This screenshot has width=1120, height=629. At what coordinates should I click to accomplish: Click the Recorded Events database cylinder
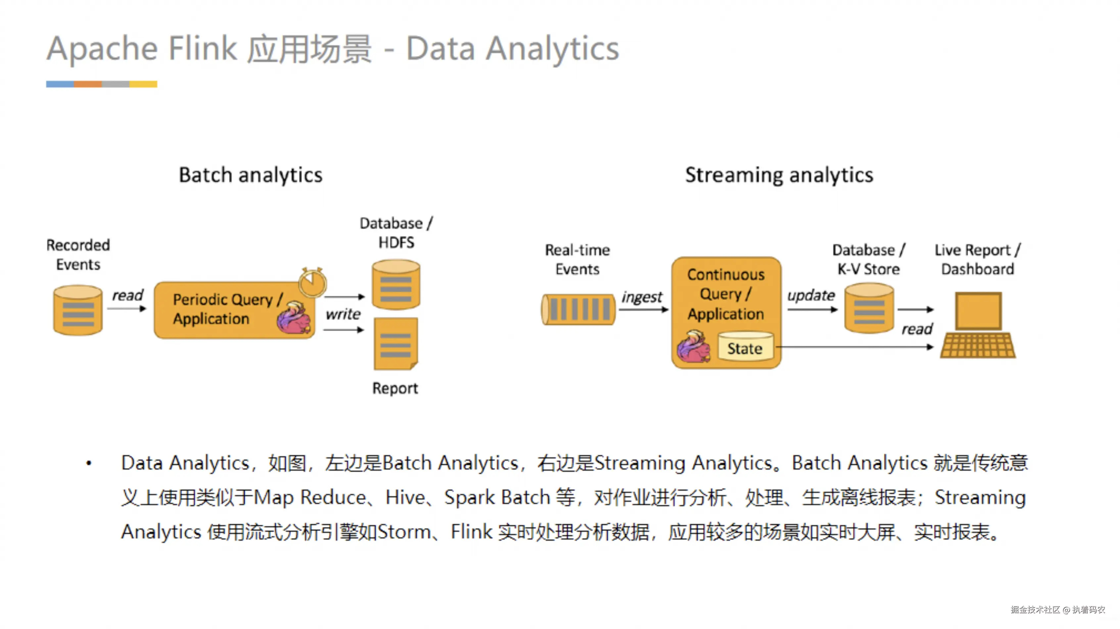tap(78, 310)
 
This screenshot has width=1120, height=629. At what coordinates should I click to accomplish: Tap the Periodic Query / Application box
tap(226, 310)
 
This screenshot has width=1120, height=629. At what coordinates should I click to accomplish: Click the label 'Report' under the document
tap(395, 388)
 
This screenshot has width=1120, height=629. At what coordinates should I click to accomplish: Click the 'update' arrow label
tap(811, 295)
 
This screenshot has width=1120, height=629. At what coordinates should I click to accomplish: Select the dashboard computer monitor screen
tap(978, 311)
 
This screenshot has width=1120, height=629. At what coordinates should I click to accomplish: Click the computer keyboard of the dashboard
tap(978, 346)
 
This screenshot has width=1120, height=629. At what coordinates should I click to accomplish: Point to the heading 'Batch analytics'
tap(251, 175)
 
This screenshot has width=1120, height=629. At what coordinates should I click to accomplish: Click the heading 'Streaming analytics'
tap(779, 175)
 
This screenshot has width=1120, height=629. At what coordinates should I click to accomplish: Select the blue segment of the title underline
tap(60, 84)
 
